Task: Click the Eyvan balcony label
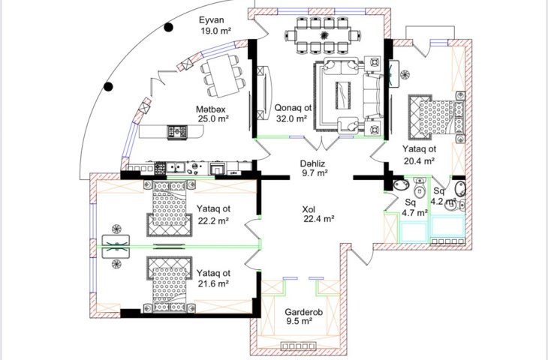[x=212, y=19]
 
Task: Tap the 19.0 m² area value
[x=216, y=31]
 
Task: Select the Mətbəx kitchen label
[x=211, y=109]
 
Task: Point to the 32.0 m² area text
[x=291, y=118]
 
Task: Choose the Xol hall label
[x=309, y=209]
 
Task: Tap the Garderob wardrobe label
[x=303, y=312]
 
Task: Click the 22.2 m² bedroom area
[x=213, y=220]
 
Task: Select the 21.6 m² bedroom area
[x=213, y=283]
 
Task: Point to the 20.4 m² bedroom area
[x=419, y=160]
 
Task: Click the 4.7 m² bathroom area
[x=414, y=213]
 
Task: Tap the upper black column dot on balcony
[x=169, y=27]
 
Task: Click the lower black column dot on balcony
[x=108, y=86]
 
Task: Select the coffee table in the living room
[x=343, y=94]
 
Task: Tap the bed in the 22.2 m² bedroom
[x=169, y=208]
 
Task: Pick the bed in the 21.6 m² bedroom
[x=169, y=285]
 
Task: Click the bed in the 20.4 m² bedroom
[x=437, y=118]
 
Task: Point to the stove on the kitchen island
[x=177, y=132]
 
